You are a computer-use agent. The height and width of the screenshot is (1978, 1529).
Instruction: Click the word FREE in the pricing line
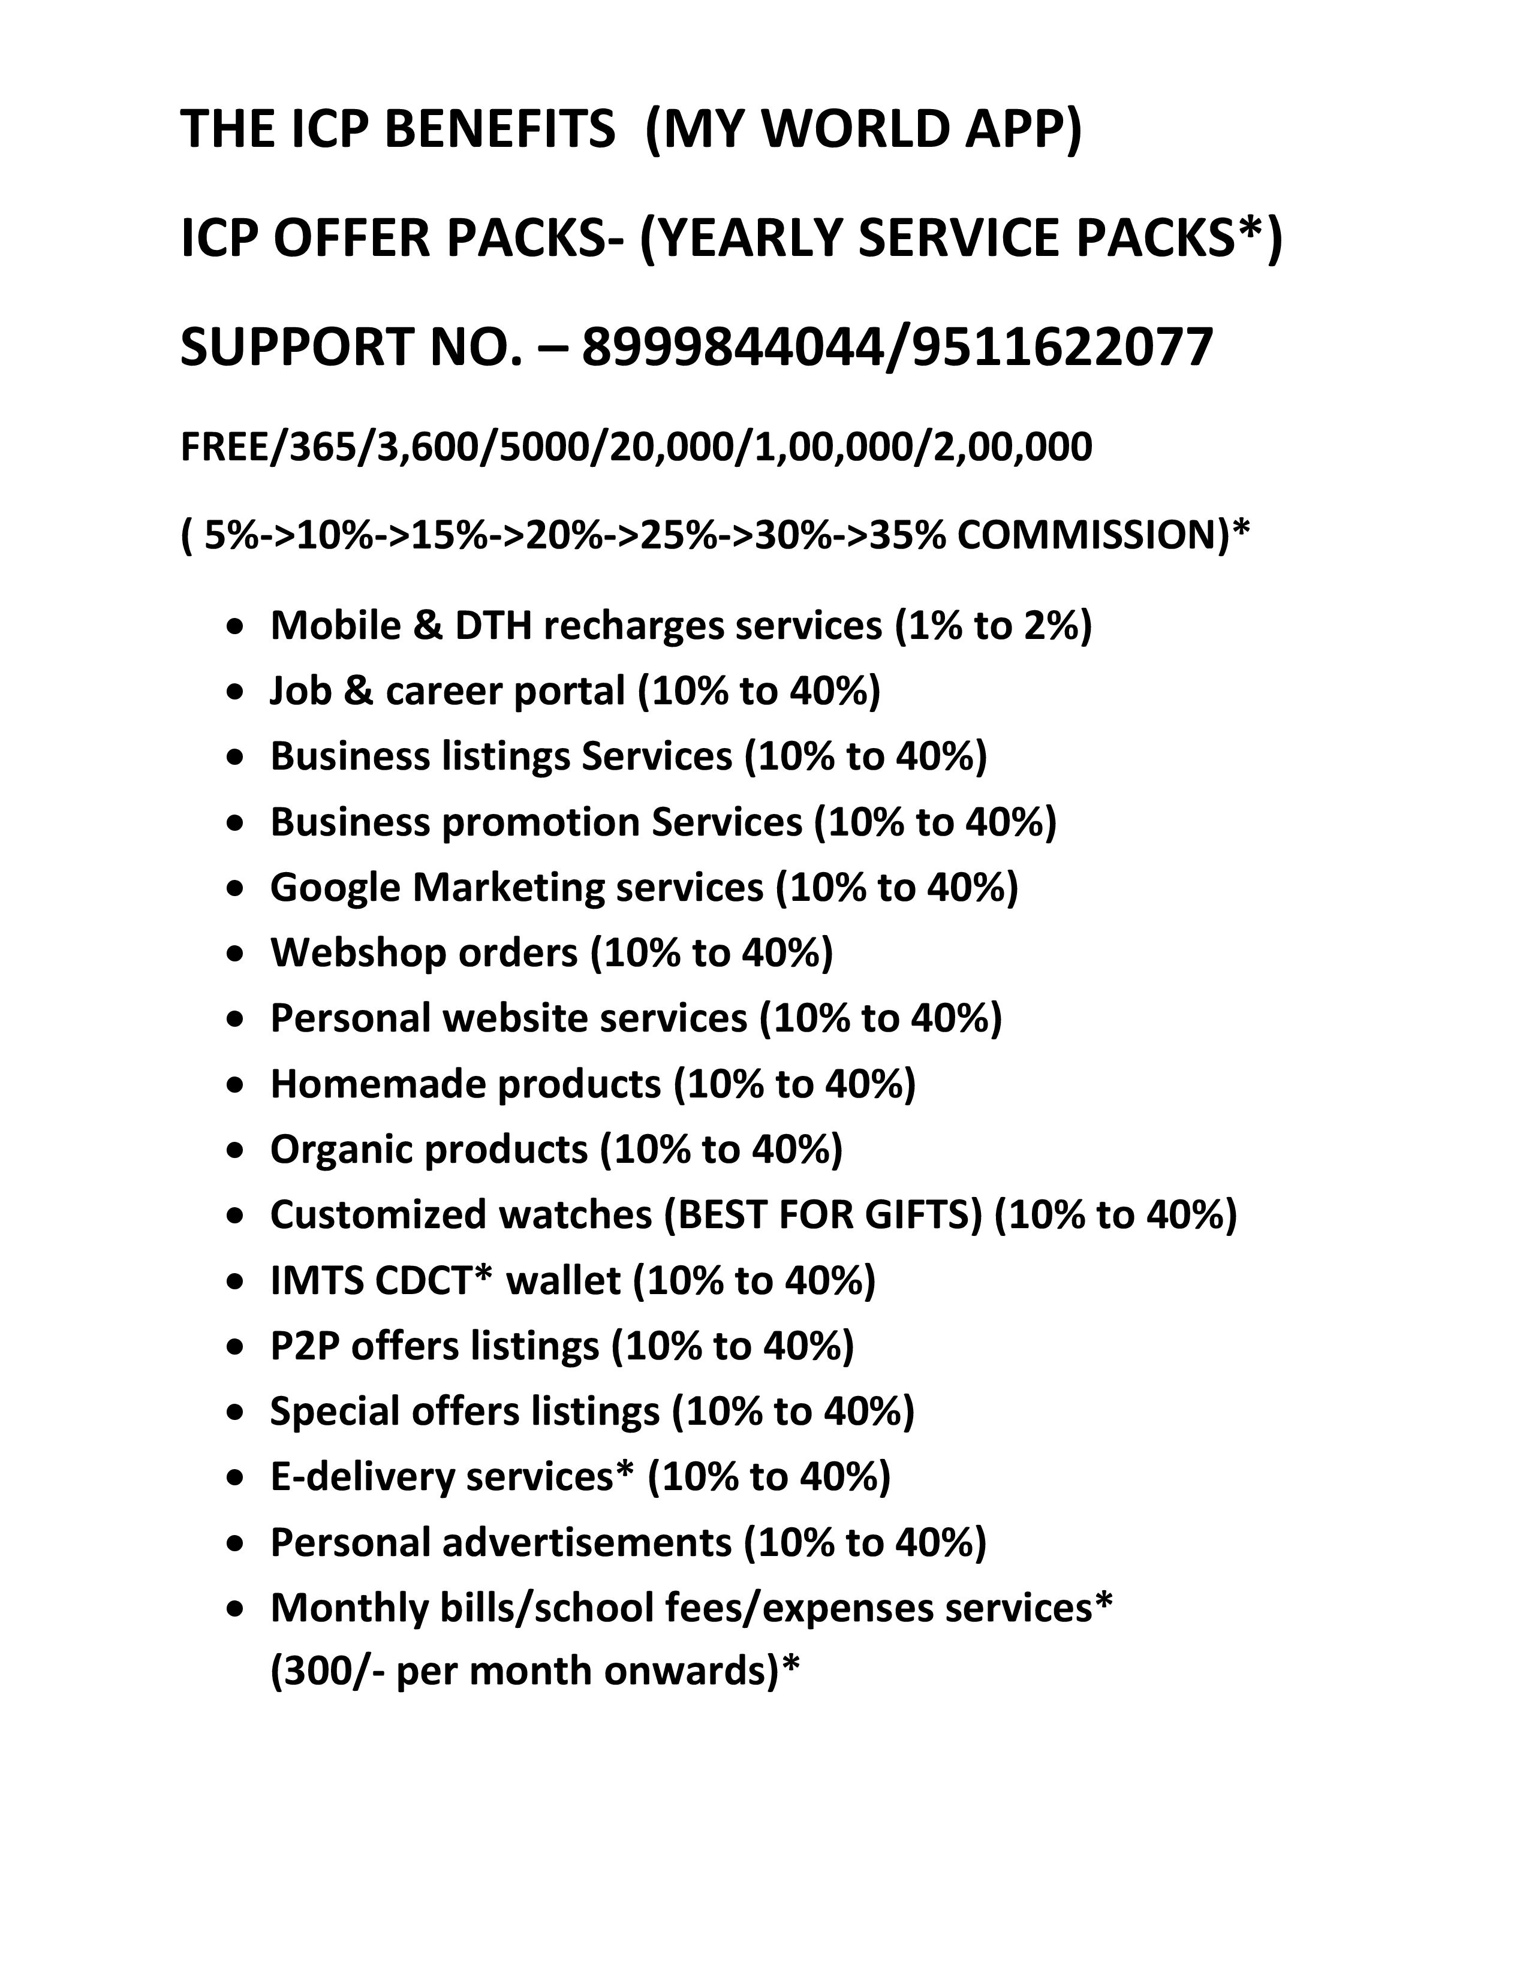(227, 447)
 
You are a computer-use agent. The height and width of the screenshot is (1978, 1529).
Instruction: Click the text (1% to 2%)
(993, 625)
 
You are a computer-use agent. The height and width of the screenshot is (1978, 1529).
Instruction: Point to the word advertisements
(586, 1542)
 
